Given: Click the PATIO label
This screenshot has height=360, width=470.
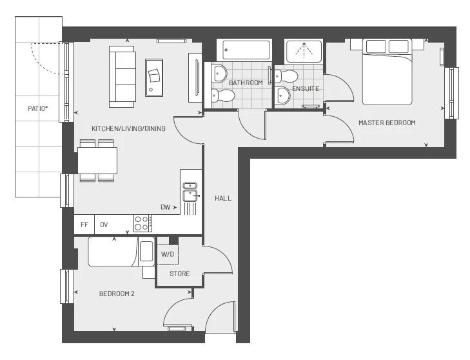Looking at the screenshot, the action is coord(38,108).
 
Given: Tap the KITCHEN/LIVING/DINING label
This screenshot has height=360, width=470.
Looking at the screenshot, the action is coord(128,128).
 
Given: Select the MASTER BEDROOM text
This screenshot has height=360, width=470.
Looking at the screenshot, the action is coord(387,123).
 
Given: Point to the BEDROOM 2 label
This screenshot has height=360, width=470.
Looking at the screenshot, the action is coord(117,294).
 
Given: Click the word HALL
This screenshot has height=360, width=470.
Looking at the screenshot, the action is coord(223,198).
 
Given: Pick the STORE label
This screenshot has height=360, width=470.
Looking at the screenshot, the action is coord(179,274).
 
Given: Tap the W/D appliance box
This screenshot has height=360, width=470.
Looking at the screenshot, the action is coord(168,254).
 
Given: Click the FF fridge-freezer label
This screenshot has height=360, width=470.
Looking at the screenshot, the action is coord(84,225).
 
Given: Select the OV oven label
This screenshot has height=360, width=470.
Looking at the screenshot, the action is coord(104,225).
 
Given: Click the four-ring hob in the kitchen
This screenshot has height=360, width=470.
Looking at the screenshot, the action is coord(142,223).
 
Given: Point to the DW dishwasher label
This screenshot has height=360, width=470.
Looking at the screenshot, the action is coord(166,207).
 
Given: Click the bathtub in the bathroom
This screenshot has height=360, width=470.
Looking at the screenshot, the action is coord(246,50).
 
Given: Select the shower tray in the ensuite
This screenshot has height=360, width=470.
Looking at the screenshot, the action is coord(304,51).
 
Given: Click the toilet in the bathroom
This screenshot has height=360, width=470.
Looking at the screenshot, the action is coord(223,95).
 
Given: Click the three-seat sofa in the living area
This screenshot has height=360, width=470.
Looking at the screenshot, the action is coord(122,77).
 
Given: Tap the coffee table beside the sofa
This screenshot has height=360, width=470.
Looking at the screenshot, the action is coord(154,77).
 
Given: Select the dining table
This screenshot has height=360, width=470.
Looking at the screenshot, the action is coord(97,160).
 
